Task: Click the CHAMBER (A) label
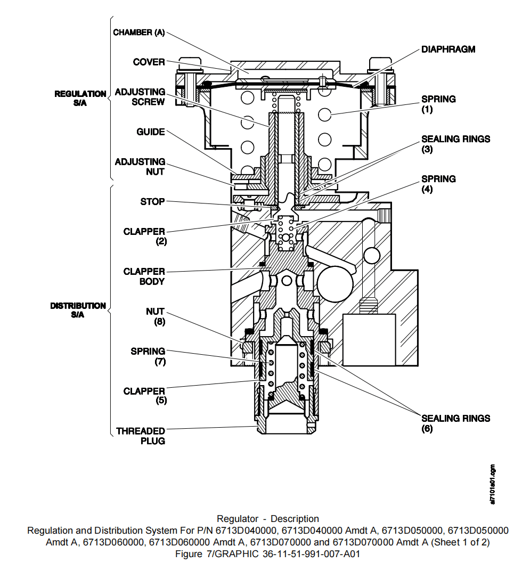(139, 32)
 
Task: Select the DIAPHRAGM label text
(448, 49)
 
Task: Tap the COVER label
(149, 62)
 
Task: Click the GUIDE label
(151, 132)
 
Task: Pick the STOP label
(152, 202)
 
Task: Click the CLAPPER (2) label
(144, 236)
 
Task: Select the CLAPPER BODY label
(144, 276)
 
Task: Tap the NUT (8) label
(155, 317)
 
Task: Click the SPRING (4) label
(438, 184)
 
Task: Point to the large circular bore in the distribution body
(335, 278)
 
